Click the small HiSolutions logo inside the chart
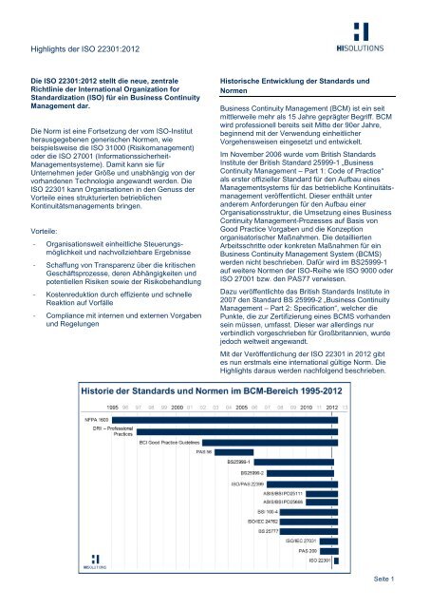click(95, 564)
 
